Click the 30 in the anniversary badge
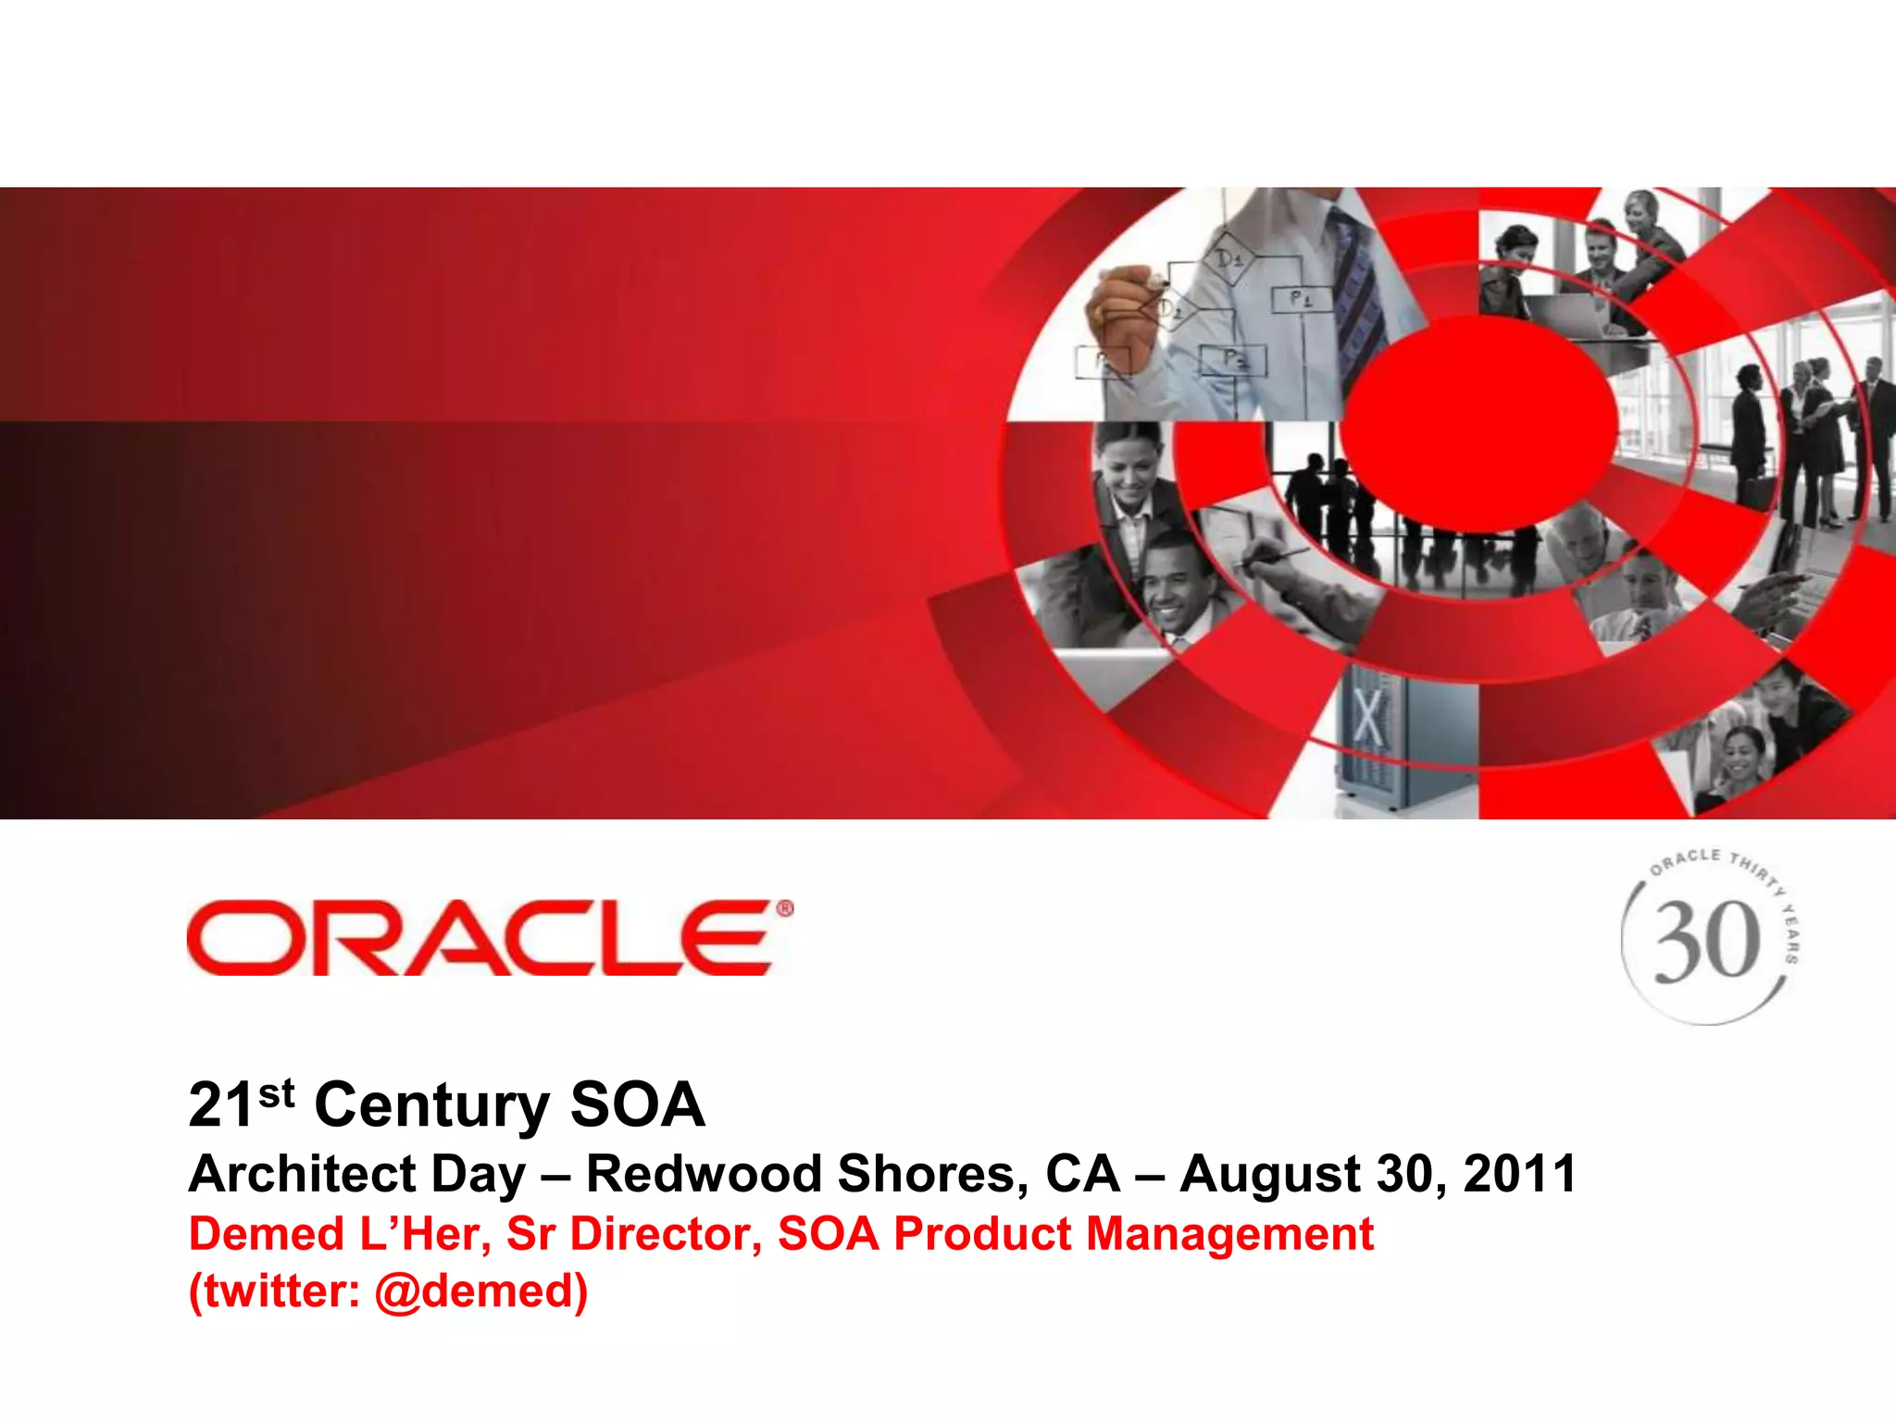pyautogui.click(x=1706, y=942)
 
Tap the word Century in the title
pyautogui.click(x=431, y=1105)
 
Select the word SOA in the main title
pyautogui.click(x=637, y=1105)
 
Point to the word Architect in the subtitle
pyautogui.click(x=302, y=1174)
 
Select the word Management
pyautogui.click(x=1229, y=1234)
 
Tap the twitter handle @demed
pyautogui.click(x=480, y=1291)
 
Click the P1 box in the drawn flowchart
pyautogui.click(x=1301, y=299)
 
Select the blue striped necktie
pyautogui.click(x=1357, y=296)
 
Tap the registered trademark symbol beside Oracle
pyautogui.click(x=784, y=909)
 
